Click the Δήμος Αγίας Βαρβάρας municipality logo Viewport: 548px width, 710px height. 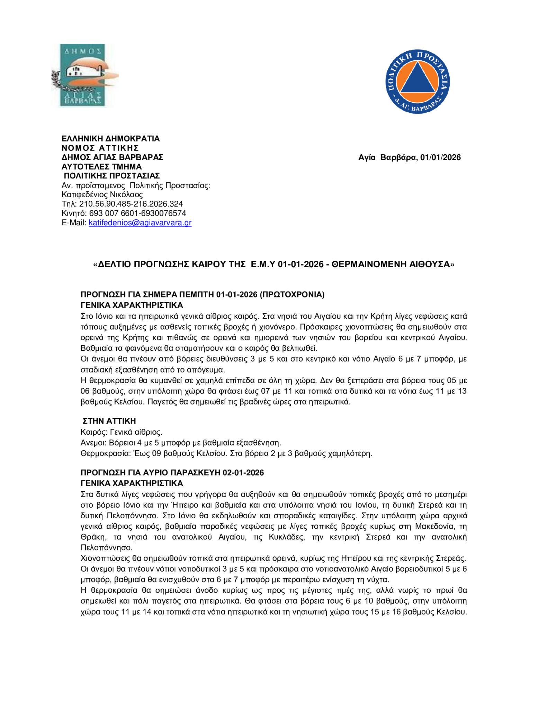click(83, 75)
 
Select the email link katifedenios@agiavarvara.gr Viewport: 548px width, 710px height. click(140, 223)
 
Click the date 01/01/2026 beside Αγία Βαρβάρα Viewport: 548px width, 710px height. click(440, 157)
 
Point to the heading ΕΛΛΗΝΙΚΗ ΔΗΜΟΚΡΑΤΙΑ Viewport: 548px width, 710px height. click(110, 139)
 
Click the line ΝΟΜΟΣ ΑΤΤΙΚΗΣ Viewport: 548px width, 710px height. click(100, 148)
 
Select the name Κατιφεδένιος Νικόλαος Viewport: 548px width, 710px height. click(102, 194)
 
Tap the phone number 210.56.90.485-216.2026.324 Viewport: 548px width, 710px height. click(131, 204)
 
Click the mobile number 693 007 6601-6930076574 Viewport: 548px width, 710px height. click(137, 213)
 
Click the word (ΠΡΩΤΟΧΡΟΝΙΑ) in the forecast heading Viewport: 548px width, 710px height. click(292, 295)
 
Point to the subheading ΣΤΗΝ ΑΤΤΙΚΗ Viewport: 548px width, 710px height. click(109, 421)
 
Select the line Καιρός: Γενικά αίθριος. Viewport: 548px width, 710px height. click(122, 432)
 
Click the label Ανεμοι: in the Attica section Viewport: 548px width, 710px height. click(93, 443)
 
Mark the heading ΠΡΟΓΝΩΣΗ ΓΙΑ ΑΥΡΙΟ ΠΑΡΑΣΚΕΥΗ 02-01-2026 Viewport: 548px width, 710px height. click(172, 473)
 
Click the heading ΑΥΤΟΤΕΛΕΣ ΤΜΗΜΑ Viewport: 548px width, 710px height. click(101, 167)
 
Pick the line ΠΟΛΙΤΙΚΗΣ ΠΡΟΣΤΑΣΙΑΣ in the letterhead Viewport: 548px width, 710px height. click(111, 176)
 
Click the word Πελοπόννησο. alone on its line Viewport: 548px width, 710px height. click(106, 548)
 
